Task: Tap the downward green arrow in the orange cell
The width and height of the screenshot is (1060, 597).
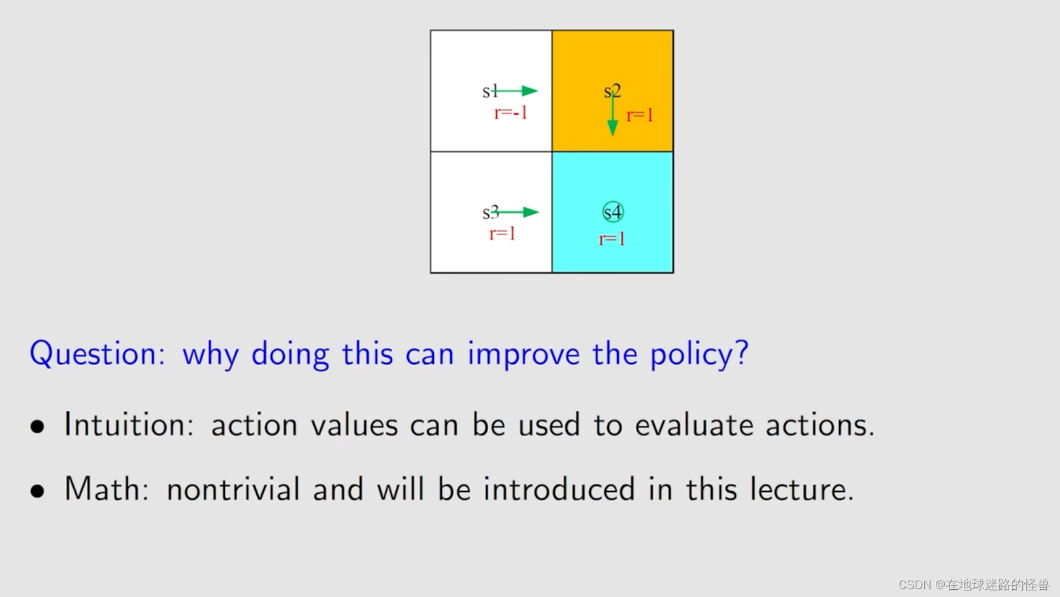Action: point(612,114)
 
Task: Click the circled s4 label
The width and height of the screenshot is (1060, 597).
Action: point(613,212)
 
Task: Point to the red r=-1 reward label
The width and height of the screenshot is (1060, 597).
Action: point(510,113)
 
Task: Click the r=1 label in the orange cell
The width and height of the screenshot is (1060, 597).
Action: point(640,116)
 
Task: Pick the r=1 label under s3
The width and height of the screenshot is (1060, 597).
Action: point(502,234)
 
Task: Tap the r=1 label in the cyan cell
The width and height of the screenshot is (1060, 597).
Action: point(612,239)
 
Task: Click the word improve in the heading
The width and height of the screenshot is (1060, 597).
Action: point(523,355)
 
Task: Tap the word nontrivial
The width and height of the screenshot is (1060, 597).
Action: point(233,488)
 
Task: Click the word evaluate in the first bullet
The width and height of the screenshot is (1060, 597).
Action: point(694,424)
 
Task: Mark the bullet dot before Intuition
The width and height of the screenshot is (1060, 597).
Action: point(37,427)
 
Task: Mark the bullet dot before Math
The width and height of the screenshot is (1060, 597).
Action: point(37,491)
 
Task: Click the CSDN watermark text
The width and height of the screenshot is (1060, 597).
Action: point(974,585)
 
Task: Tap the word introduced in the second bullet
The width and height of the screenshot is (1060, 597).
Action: point(559,488)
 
